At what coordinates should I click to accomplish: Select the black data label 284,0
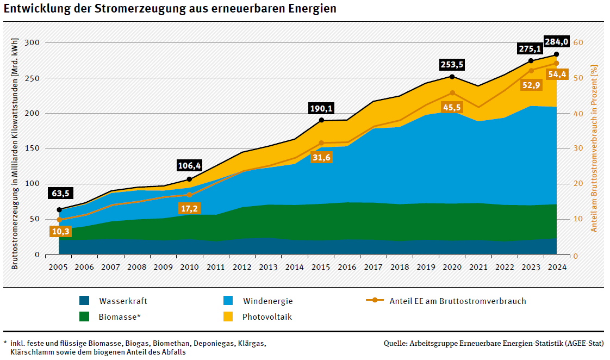click(x=556, y=42)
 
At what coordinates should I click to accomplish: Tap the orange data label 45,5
click(x=452, y=108)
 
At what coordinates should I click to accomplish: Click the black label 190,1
click(x=321, y=108)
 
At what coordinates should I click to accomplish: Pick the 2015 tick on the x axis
click(x=321, y=267)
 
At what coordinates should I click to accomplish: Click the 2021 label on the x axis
click(x=478, y=267)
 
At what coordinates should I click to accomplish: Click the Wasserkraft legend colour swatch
click(x=84, y=301)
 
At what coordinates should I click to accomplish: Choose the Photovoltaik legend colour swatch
click(x=229, y=316)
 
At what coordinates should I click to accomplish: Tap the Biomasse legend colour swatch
click(x=84, y=316)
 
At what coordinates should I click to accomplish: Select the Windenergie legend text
click(x=267, y=301)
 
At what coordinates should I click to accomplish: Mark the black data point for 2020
click(x=452, y=77)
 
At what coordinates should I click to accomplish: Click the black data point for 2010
click(x=189, y=179)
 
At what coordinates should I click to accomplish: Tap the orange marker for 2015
click(x=321, y=143)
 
